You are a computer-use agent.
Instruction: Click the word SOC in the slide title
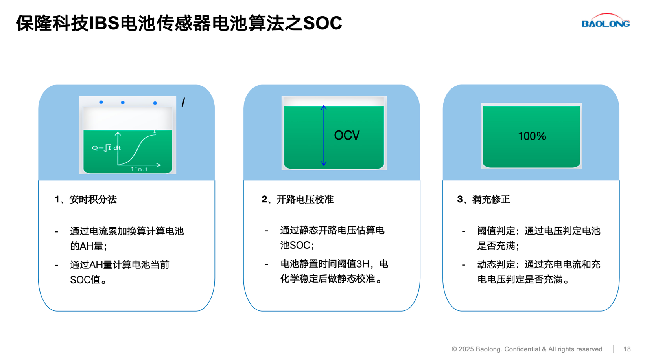322,23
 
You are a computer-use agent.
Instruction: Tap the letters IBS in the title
104,23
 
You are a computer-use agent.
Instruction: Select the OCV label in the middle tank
346,136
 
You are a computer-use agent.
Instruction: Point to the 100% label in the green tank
532,136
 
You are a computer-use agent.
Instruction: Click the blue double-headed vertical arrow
324,136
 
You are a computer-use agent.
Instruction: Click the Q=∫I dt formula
106,148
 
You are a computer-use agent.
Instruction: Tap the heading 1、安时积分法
85,200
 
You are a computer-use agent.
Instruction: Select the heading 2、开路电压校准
297,200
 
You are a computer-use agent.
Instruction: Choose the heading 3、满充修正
483,200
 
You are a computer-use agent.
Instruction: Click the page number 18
627,349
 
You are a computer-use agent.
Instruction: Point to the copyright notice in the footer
527,349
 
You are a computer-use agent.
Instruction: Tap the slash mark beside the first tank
183,103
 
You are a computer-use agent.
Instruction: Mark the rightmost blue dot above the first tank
155,103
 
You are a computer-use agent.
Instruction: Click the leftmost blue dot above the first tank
101,102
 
